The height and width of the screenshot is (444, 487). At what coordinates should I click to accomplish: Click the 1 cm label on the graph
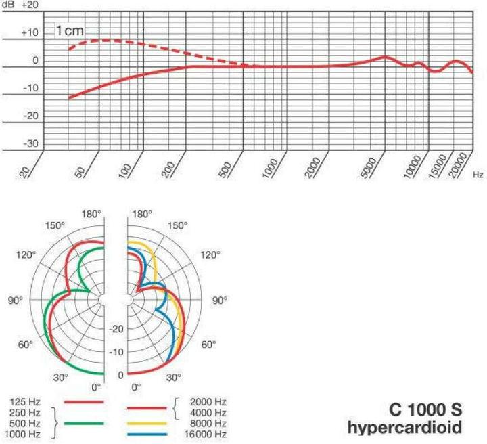pyautogui.click(x=71, y=31)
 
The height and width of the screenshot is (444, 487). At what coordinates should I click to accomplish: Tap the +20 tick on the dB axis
pyautogui.click(x=30, y=5)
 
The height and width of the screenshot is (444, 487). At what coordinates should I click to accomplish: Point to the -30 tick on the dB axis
pyautogui.click(x=30, y=144)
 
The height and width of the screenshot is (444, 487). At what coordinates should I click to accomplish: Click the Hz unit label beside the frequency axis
pyautogui.click(x=478, y=175)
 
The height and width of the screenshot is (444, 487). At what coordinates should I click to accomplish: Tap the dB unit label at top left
pyautogui.click(x=8, y=5)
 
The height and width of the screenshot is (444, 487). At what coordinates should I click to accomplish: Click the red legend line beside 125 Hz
pyautogui.click(x=84, y=401)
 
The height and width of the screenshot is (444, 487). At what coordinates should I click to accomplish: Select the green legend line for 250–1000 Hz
pyautogui.click(x=84, y=422)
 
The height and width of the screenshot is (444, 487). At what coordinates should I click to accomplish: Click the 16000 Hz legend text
pyautogui.click(x=209, y=434)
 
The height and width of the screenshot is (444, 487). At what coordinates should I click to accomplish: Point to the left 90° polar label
pyautogui.click(x=15, y=300)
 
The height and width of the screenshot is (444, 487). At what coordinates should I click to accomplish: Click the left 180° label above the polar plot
pyautogui.click(x=92, y=214)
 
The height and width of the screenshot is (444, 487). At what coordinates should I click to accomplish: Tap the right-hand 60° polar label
pyautogui.click(x=210, y=345)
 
